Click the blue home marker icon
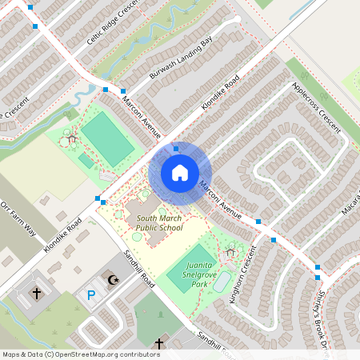179,172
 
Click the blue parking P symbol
90,296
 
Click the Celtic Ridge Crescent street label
112,24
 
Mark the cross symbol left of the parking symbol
37,294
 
